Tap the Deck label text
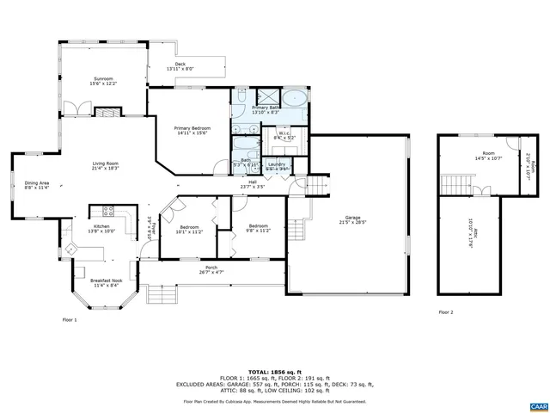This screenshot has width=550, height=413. [x=180, y=66]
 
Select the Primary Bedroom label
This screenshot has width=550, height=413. [x=192, y=130]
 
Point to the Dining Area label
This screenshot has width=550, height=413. [x=36, y=184]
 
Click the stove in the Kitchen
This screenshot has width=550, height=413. [x=110, y=210]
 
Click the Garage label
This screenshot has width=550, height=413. [x=352, y=219]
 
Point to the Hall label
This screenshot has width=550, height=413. [x=253, y=183]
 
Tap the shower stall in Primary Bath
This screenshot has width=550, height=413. [x=266, y=96]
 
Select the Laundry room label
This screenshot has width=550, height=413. [x=277, y=166]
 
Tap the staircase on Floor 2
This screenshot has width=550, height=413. [x=452, y=183]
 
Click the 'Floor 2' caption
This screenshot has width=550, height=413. [x=445, y=312]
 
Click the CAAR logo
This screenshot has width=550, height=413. [x=537, y=404]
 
